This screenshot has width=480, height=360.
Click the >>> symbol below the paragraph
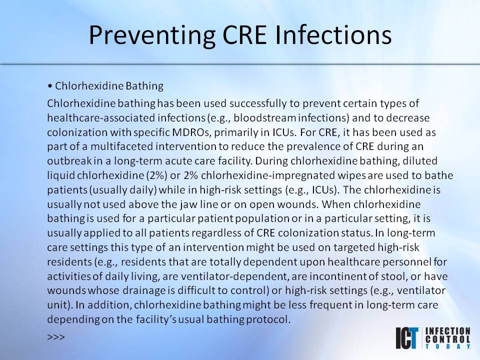pos(56,337)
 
